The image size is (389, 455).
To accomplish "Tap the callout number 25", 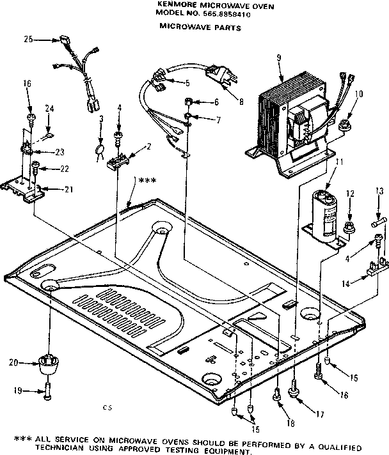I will tap(28, 40).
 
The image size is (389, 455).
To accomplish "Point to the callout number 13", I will tap(379, 191).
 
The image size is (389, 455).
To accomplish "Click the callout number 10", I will tap(359, 94).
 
